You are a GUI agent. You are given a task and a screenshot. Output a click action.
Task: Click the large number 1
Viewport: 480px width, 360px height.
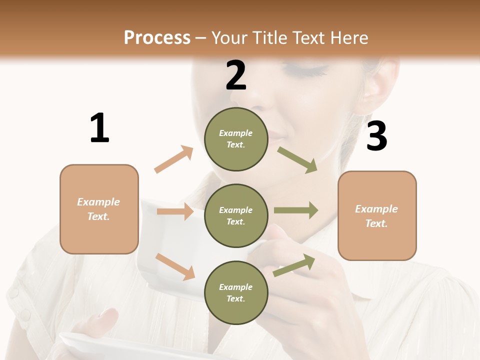(99, 128)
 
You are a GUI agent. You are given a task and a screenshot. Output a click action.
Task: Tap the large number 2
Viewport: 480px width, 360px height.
(236, 75)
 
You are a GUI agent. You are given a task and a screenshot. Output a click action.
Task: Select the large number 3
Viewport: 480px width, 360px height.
(376, 136)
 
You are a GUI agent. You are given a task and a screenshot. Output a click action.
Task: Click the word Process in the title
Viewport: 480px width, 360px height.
(157, 37)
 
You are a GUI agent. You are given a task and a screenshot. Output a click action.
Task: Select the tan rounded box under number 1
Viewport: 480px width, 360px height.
(99, 209)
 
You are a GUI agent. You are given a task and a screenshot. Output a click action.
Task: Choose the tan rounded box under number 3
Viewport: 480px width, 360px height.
(377, 216)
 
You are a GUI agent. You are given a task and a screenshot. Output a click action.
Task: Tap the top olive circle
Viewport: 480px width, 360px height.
(236, 139)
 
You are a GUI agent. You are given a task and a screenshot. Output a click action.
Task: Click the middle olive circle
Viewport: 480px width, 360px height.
(236, 215)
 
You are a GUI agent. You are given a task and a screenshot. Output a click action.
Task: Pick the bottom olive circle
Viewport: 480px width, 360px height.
(236, 292)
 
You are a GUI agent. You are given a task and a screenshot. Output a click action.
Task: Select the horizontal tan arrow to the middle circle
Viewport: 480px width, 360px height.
(175, 211)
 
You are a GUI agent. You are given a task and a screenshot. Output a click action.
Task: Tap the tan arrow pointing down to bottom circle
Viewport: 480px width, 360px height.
(175, 266)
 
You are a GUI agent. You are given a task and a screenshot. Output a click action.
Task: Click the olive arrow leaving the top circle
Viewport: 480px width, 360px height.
(297, 160)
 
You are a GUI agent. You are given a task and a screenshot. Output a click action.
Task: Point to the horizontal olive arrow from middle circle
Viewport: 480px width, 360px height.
(296, 210)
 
